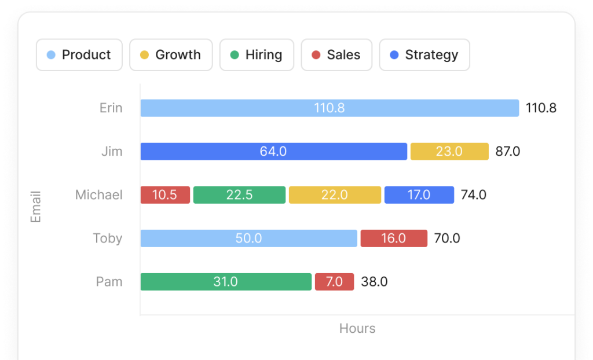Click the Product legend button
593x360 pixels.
tap(79, 55)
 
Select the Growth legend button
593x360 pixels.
tap(171, 55)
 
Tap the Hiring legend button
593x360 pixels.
tap(257, 55)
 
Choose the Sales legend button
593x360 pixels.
tap(336, 55)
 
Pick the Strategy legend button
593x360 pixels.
tap(424, 55)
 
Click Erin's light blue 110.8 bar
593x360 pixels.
tap(330, 108)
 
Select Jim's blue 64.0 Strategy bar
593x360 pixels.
tap(273, 152)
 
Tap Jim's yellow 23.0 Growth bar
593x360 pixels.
tap(449, 152)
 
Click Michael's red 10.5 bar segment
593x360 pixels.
tap(165, 195)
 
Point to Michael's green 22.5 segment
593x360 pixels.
tap(239, 195)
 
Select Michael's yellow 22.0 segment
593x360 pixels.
tap(335, 195)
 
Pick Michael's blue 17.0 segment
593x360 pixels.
tap(419, 195)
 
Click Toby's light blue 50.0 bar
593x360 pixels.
tap(248, 238)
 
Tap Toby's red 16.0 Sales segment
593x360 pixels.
tap(394, 238)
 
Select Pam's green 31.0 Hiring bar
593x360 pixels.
tap(226, 282)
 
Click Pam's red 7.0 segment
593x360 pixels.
tap(334, 282)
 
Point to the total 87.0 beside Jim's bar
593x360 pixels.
tap(508, 152)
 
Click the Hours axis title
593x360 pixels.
tap(357, 329)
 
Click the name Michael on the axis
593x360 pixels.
tap(99, 195)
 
